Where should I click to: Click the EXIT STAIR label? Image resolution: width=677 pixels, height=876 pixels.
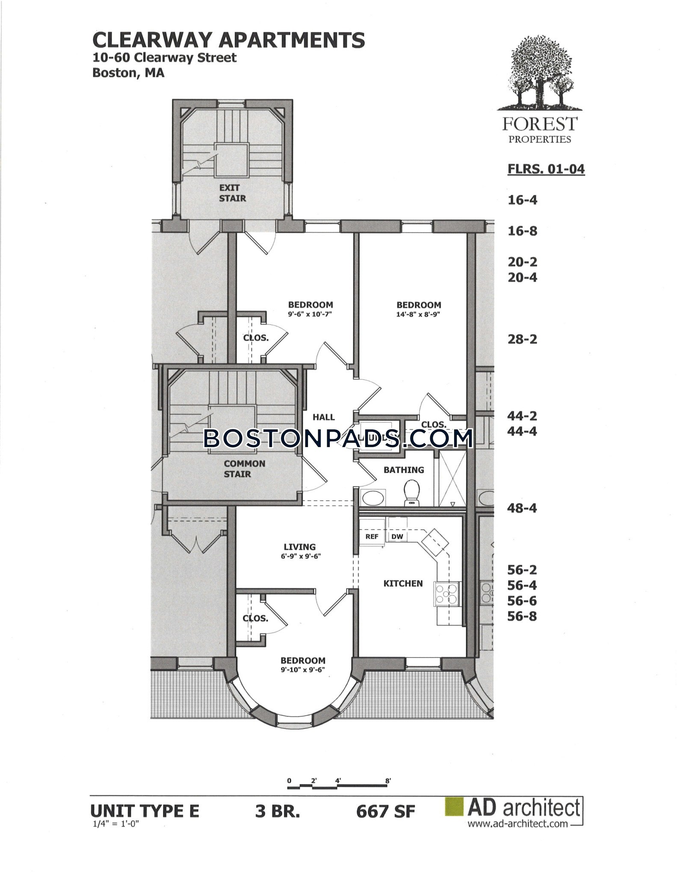pyautogui.click(x=233, y=193)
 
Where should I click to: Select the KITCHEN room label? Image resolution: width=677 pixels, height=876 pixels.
pyautogui.click(x=403, y=583)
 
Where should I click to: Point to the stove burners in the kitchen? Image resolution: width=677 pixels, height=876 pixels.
pyautogui.click(x=446, y=594)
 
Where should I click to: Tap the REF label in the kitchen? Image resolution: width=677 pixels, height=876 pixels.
pyautogui.click(x=372, y=536)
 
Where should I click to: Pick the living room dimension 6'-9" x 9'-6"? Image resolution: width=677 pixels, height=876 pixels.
pyautogui.click(x=299, y=556)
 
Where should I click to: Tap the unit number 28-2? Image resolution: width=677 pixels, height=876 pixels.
pyautogui.click(x=522, y=340)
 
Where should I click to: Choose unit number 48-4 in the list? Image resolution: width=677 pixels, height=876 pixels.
pyautogui.click(x=522, y=509)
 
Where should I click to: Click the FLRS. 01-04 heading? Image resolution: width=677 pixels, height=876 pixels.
pyautogui.click(x=546, y=169)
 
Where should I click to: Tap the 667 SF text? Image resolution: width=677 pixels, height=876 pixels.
pyautogui.click(x=385, y=812)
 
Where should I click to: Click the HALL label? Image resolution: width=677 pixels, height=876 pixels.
pyautogui.click(x=324, y=417)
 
